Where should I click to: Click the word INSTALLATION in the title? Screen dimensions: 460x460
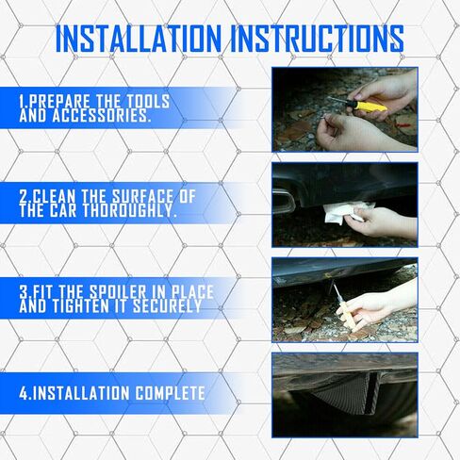click(x=139, y=39)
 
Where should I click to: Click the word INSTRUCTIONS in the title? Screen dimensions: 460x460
click(x=318, y=39)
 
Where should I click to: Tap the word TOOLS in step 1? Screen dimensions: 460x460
click(x=148, y=101)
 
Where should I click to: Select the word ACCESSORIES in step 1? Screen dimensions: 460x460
click(x=101, y=116)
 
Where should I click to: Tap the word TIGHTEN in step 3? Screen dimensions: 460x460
click(x=80, y=306)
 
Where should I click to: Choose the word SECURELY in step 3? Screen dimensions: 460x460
click(x=167, y=306)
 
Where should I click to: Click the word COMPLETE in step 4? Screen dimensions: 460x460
click(x=171, y=393)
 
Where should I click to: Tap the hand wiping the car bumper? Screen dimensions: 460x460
click(x=382, y=222)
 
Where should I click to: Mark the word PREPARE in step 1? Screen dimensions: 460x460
click(x=61, y=101)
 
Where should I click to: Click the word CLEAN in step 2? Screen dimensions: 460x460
click(x=55, y=197)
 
